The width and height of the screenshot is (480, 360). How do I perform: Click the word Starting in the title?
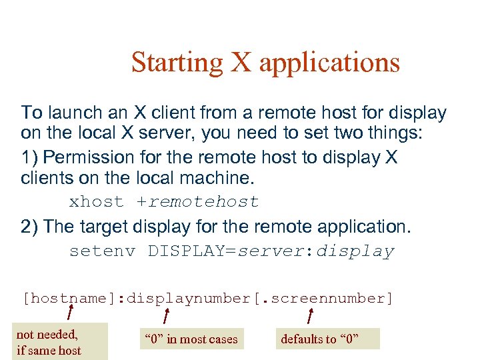pos(177,62)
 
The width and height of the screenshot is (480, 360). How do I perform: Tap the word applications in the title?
pos(329,63)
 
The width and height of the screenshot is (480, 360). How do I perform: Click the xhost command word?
pos(97,201)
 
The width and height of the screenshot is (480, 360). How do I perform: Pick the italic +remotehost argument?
pos(197,201)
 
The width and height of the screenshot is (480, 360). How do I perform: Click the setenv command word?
pos(102,251)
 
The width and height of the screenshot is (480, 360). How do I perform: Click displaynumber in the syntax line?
pos(189,298)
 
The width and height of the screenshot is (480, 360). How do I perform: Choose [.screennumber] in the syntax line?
pos(324,298)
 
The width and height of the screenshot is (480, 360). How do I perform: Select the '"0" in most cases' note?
pos(191,339)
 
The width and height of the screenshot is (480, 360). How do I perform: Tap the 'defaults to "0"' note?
pos(319,339)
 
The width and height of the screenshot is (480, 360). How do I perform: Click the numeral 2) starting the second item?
pos(30,227)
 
